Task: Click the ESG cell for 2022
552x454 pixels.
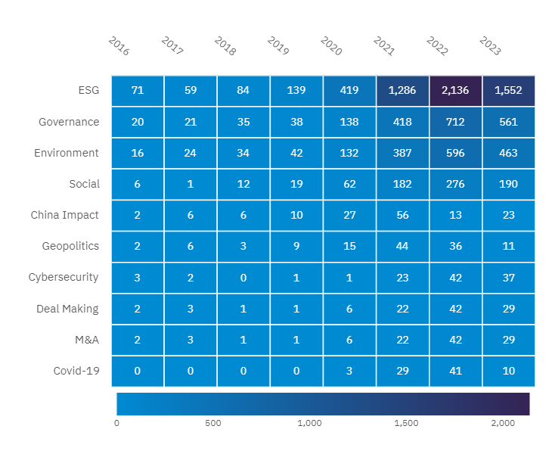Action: coord(455,91)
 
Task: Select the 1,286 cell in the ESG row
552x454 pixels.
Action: coord(402,91)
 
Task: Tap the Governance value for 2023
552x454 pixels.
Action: coord(508,122)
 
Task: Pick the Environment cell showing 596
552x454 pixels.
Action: coord(455,153)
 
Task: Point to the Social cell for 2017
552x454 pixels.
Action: coord(191,184)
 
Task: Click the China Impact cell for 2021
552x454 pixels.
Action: coord(402,215)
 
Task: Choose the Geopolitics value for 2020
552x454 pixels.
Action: coord(349,246)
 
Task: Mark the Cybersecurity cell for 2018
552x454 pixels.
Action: coord(243,277)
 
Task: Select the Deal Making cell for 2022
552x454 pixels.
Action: coord(455,309)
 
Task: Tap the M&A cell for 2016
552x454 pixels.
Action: coord(138,340)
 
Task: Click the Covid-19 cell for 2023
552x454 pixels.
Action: coord(508,371)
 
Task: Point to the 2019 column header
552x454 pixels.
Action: coord(278,46)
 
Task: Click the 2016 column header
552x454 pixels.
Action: coord(119,46)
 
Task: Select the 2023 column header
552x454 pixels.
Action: coord(490,46)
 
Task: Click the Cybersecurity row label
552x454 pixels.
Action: coord(64,277)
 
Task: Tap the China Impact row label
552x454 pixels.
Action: coord(65,215)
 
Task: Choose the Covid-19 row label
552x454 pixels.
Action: coord(76,371)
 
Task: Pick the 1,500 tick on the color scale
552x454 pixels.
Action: coord(406,423)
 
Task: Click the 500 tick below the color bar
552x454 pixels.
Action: coord(213,423)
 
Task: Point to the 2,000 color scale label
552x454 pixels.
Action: coord(503,423)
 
